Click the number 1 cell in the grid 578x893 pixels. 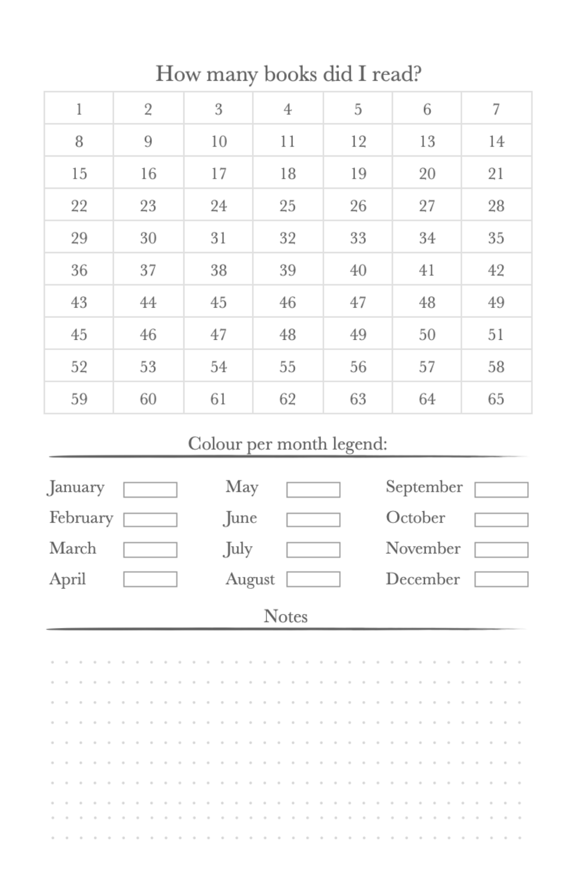coord(79,109)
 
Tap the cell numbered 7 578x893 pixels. coord(496,109)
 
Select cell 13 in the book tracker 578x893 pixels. coord(427,141)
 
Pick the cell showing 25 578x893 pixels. coord(288,205)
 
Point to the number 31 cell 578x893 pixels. coord(218,238)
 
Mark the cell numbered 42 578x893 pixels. coord(496,270)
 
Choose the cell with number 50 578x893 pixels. coord(427,334)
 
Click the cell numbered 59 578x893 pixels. coord(79,398)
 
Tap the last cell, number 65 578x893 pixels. coord(496,398)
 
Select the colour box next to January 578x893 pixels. coord(150,489)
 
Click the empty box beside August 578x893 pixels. coord(313,579)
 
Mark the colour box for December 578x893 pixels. coord(501,579)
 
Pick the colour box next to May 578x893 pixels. coord(313,489)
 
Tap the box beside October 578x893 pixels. coord(501,519)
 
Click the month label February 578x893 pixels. coord(81,517)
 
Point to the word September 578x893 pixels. coord(424,487)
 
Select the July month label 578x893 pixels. coord(238,548)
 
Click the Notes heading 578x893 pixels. coord(285,616)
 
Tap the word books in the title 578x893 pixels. coord(290,74)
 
